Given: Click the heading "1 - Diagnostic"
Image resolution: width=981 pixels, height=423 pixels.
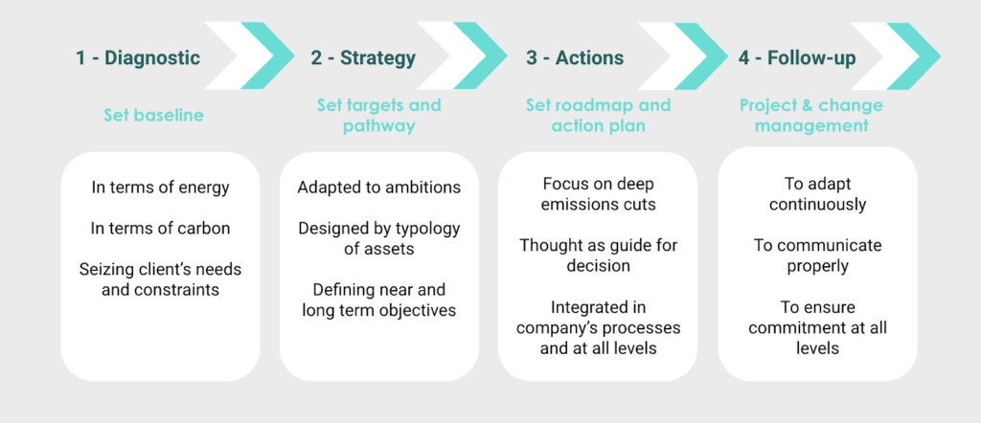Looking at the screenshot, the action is pyautogui.click(x=138, y=57).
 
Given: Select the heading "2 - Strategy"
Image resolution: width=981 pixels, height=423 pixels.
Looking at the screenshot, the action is pyautogui.click(x=363, y=58).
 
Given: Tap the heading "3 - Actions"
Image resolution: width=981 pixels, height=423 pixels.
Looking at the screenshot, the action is pyautogui.click(x=575, y=57).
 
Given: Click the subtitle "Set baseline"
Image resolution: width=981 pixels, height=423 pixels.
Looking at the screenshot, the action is pyautogui.click(x=153, y=115).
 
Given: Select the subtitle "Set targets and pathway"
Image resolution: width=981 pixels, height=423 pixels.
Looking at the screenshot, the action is pyautogui.click(x=378, y=115).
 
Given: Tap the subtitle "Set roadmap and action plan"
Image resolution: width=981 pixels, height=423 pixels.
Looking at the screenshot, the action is pyautogui.click(x=598, y=115).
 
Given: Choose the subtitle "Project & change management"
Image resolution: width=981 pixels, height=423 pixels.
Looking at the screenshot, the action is pyautogui.click(x=810, y=115).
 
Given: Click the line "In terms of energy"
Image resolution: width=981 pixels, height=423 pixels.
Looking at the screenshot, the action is pyautogui.click(x=160, y=188).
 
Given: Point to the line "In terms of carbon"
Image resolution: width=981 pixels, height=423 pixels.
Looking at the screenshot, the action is pyautogui.click(x=160, y=228).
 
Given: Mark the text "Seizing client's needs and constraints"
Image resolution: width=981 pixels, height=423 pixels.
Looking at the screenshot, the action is pyautogui.click(x=160, y=279).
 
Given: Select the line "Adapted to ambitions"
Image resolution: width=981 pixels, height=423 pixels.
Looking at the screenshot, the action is pyautogui.click(x=379, y=188).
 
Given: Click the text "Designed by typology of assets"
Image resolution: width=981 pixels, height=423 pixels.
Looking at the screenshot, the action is pyautogui.click(x=379, y=238).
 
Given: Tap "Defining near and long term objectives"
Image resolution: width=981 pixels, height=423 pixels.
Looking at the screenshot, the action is pyautogui.click(x=379, y=300).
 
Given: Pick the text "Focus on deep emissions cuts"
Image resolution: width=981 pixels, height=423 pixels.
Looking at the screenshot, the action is pyautogui.click(x=598, y=193).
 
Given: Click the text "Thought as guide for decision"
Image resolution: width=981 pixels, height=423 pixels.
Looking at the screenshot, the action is pyautogui.click(x=598, y=255).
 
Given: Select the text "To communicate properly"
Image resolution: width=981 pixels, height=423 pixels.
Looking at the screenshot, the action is pyautogui.click(x=817, y=255).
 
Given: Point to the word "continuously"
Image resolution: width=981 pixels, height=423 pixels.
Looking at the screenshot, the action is pyautogui.click(x=817, y=205).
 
